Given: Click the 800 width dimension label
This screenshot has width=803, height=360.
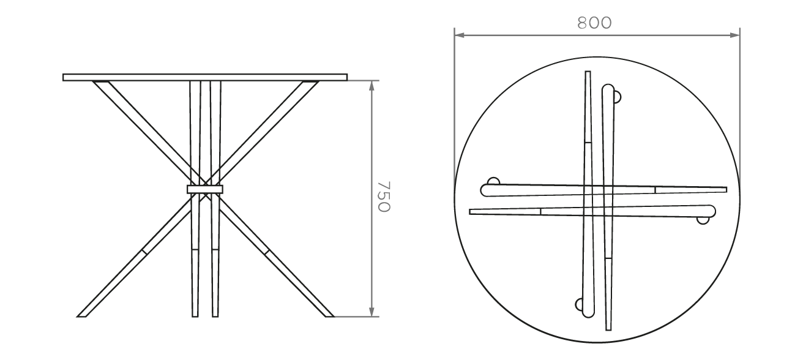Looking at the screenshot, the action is (x=594, y=23).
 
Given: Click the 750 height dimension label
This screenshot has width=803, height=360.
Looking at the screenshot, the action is (x=384, y=196).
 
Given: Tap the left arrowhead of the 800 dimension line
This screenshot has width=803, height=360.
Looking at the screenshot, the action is (x=459, y=35).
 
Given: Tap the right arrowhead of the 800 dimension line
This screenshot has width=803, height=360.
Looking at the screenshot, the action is (x=735, y=35).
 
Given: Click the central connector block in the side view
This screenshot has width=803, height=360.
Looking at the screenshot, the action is (x=205, y=189).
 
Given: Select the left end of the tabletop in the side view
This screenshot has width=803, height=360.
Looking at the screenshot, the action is (x=64, y=78).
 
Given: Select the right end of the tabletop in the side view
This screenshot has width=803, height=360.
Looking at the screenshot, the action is (x=346, y=78).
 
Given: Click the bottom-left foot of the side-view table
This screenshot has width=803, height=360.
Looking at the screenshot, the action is (x=82, y=316).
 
